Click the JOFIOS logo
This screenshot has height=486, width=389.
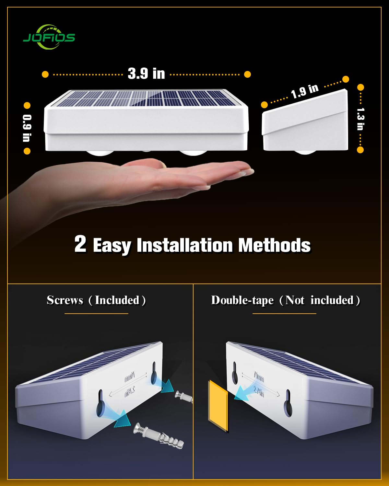coord(49,37)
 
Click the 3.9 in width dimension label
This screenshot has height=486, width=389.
coord(146,74)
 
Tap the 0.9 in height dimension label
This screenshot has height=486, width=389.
coord(27,128)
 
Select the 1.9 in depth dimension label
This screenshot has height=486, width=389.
coord(305,91)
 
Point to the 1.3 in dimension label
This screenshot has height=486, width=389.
coord(360,119)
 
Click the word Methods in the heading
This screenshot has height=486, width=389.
coord(274,245)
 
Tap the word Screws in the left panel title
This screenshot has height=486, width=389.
coord(65,300)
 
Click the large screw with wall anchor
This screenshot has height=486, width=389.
coord(159,436)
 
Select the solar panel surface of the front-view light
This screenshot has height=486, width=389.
coord(146,98)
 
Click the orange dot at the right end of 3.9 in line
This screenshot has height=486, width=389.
coord(247,74)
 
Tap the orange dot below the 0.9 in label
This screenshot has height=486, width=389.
coord(27,151)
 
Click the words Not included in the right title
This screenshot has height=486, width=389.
coord(319,300)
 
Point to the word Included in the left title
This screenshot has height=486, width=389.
coord(117,300)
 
